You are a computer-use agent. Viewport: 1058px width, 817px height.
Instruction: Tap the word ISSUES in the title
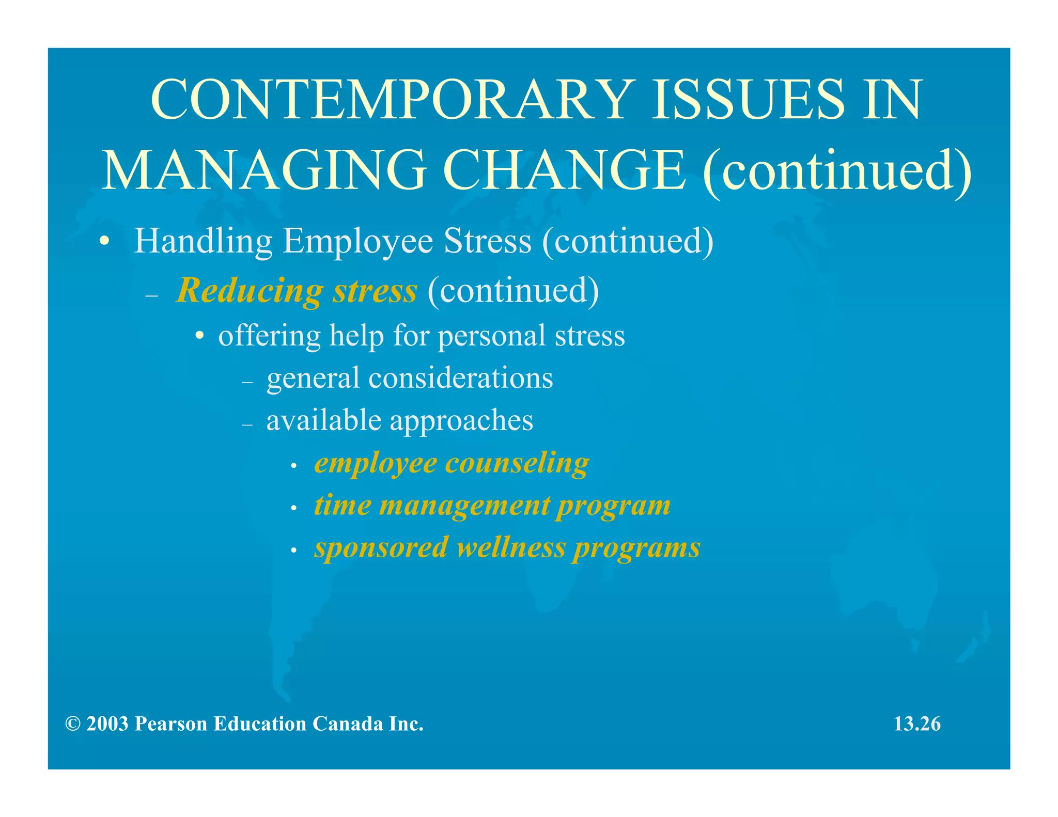click(749, 99)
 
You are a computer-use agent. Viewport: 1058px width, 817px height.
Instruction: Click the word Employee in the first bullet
click(357, 242)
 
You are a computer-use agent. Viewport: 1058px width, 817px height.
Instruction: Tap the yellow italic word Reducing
click(250, 291)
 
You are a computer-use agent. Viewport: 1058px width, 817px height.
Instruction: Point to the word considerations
click(460, 378)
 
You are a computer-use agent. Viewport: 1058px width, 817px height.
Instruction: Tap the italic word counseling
click(517, 463)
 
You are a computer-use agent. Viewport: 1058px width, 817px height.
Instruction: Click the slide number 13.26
click(917, 724)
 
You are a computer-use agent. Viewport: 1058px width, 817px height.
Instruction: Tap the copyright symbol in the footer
click(73, 724)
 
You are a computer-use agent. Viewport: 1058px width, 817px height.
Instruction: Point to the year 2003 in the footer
click(107, 724)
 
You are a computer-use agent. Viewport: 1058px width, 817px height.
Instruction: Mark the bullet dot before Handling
click(105, 242)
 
